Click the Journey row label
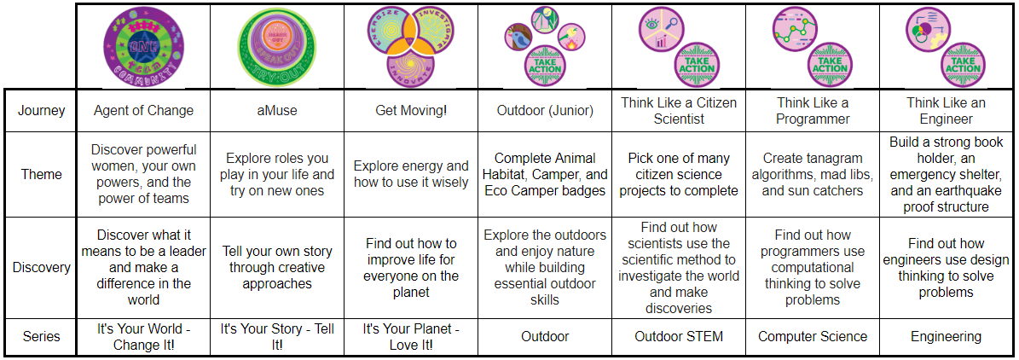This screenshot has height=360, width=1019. pos(42,110)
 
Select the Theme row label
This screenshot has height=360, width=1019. pos(42,174)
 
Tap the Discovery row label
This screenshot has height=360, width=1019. pos(42,267)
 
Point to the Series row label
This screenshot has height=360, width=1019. pos(42,336)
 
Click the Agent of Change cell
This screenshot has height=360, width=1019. pos(143,110)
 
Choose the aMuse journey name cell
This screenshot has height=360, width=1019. pos(276,110)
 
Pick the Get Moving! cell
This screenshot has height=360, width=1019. pos(410,110)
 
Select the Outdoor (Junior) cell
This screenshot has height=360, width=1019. pos(545,110)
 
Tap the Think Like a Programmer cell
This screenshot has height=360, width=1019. pos(813,111)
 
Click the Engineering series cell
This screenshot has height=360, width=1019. pos(946,336)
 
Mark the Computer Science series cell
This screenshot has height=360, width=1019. pos(813,336)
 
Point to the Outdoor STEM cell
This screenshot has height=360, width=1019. pos(678,336)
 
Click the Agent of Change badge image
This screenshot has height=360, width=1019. pos(143,45)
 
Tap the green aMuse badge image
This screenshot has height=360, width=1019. pos(276,45)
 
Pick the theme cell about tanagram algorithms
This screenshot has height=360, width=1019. pos(813,174)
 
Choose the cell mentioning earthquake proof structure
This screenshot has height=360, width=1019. pos(946,174)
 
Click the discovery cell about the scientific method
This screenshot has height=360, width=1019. pos(678,267)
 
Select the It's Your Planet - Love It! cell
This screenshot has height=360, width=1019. pos(410,336)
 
